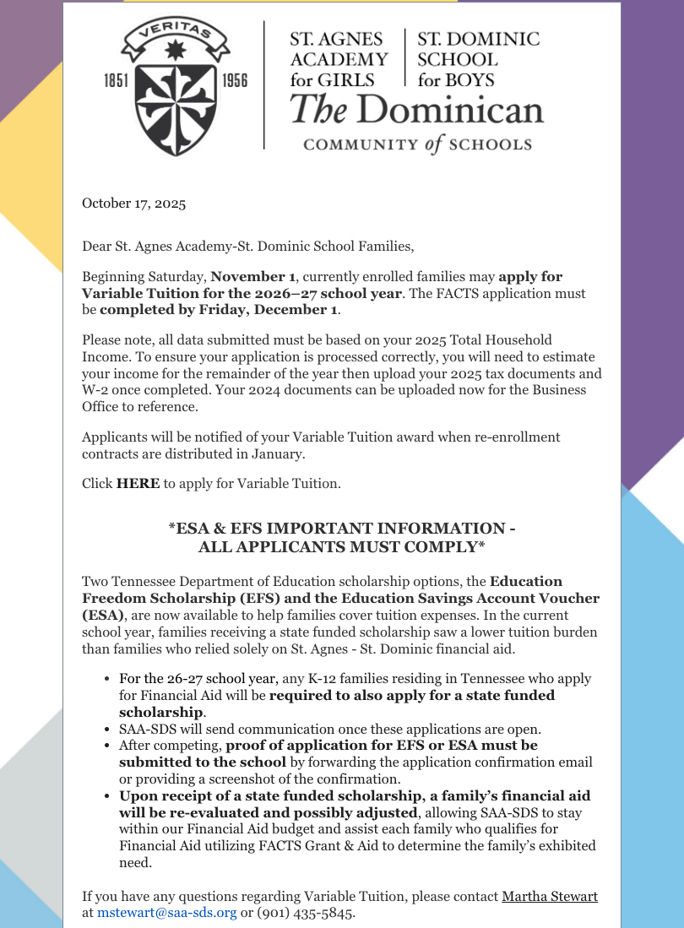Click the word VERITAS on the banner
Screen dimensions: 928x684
(176, 36)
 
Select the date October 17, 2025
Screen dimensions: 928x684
(133, 203)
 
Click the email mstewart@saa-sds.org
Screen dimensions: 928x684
(166, 912)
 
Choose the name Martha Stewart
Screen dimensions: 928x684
(550, 896)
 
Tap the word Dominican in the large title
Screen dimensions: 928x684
(455, 111)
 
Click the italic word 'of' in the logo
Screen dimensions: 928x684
(434, 144)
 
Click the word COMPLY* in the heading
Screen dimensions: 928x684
(439, 546)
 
